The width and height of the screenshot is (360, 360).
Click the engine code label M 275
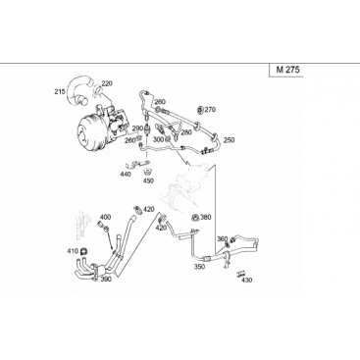(x=287, y=70)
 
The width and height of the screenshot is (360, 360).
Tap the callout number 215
(x=60, y=91)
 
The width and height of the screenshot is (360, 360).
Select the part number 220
(x=107, y=83)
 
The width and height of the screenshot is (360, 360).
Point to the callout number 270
(x=210, y=110)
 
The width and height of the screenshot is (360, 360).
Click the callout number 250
(x=229, y=140)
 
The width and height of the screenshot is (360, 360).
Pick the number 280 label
(x=186, y=132)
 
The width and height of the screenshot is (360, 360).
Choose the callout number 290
(x=137, y=129)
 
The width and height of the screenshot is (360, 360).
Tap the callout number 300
(x=158, y=139)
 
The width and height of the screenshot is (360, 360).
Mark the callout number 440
(x=126, y=174)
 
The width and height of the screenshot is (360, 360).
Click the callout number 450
(x=148, y=180)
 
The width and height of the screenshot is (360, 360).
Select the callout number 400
(x=105, y=217)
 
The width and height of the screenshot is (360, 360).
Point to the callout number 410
(x=73, y=251)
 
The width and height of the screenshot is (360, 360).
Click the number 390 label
(x=106, y=279)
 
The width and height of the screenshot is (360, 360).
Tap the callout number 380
(x=206, y=217)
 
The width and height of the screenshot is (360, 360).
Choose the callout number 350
(x=199, y=267)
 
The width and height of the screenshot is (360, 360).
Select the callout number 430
(x=247, y=280)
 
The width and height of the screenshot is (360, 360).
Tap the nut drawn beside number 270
(x=201, y=110)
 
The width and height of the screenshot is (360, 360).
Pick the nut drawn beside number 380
(x=195, y=218)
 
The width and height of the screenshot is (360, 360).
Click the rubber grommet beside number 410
(x=84, y=251)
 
